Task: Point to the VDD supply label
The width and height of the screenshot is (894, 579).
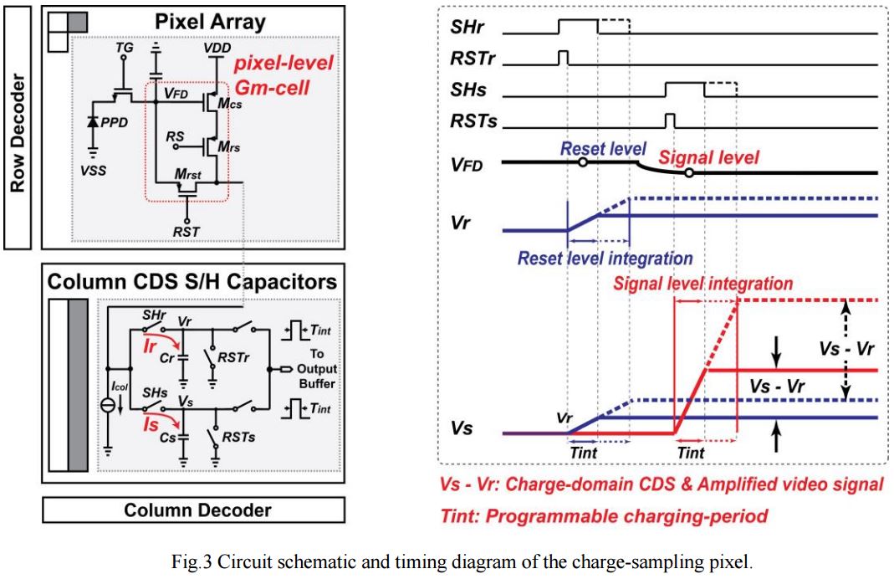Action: pos(217,50)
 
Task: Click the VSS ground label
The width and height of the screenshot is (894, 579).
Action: pos(93,167)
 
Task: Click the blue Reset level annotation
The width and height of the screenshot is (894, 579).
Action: pos(603,149)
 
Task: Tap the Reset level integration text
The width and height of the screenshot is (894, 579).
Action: pos(605,259)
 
